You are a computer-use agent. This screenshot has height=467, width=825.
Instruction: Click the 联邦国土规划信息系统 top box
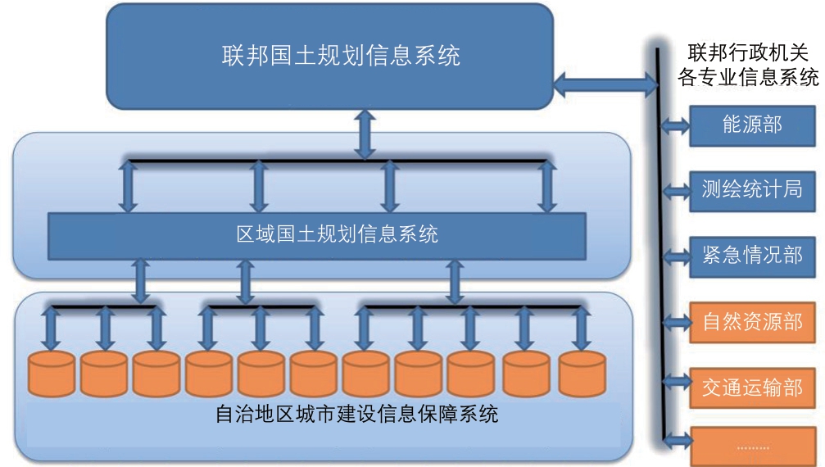(x=330, y=57)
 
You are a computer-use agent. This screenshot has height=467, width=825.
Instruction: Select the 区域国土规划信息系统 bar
(x=317, y=236)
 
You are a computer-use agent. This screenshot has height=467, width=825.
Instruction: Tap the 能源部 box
(x=752, y=125)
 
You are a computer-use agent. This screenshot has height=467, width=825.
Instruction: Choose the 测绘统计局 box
(x=752, y=191)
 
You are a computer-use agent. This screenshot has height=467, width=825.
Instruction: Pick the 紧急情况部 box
(x=752, y=256)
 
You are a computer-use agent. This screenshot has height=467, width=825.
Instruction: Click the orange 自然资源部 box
(x=752, y=322)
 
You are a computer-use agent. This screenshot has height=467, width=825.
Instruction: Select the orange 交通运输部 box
(x=752, y=388)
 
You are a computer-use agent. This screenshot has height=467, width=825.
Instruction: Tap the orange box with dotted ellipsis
(x=752, y=447)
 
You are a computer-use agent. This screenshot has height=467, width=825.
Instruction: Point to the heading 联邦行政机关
(x=748, y=52)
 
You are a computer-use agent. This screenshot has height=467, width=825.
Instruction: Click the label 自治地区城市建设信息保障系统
(x=356, y=415)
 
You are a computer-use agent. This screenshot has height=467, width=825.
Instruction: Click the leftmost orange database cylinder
(x=51, y=374)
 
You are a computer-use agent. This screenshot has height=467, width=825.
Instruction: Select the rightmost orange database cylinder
(x=582, y=374)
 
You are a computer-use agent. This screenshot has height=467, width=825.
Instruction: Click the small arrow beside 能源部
(x=675, y=125)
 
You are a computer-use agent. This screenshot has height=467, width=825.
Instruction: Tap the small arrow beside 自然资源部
(x=676, y=322)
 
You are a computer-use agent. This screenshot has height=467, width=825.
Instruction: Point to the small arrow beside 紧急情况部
(x=676, y=256)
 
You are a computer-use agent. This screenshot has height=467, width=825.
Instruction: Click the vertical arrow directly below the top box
(x=365, y=134)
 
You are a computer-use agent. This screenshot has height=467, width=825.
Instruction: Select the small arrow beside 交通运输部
(x=676, y=381)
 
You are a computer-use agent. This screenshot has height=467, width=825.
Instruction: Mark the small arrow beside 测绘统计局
(x=676, y=191)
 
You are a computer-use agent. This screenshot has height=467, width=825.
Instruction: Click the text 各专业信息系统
(x=748, y=77)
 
